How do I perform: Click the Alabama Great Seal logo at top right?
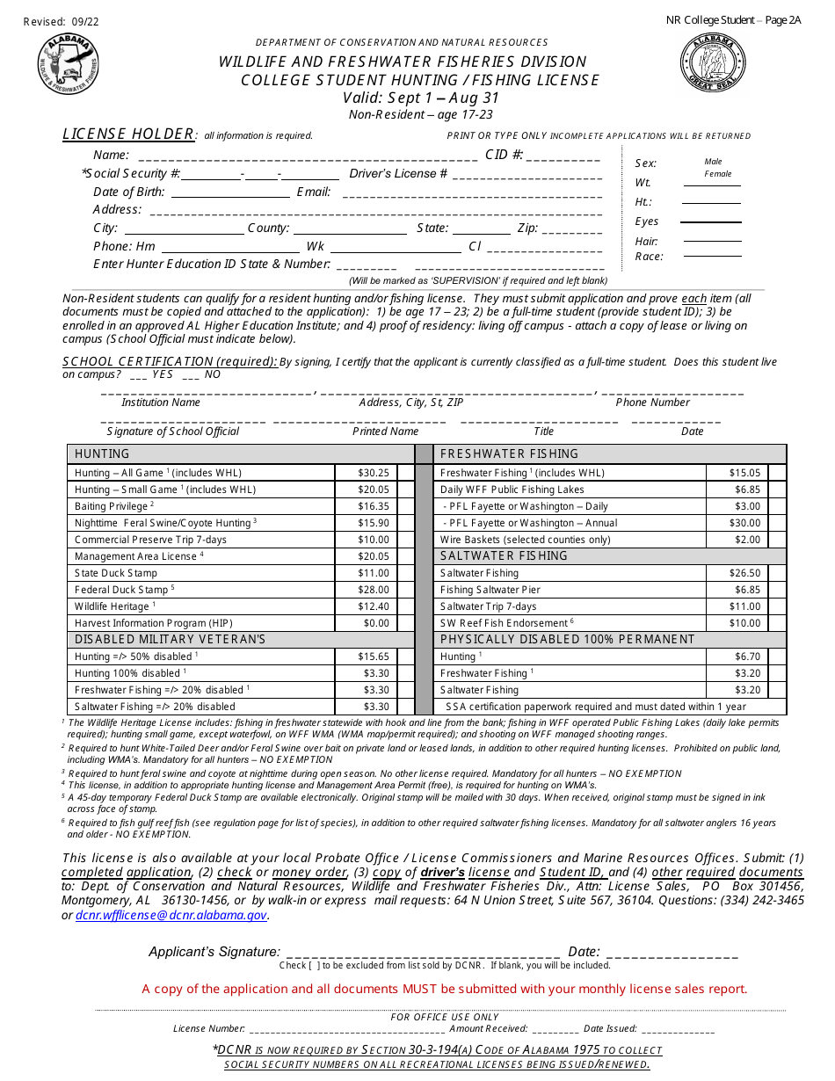713,64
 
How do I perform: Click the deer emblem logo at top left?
68,64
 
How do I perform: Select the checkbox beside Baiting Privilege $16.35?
405,506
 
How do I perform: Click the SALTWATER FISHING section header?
504,556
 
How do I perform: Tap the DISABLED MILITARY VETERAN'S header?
170,640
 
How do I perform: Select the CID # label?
504,156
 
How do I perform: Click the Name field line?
308,159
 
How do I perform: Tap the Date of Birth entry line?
230,195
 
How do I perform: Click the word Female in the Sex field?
717,174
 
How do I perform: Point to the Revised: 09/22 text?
61,21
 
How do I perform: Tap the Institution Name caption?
161,403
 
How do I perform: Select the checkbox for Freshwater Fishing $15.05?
776,473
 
